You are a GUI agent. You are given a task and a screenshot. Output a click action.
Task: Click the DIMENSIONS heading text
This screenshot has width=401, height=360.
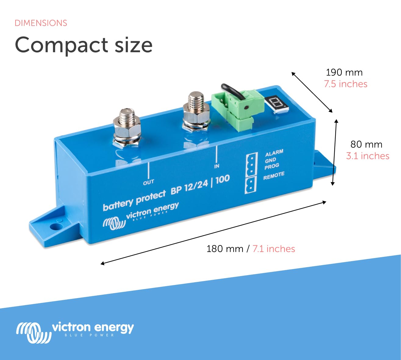pyautogui.click(x=41, y=23)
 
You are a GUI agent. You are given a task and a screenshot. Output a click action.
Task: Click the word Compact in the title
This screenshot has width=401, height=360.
pyautogui.click(x=61, y=45)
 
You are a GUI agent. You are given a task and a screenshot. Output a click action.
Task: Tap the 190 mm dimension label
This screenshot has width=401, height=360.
pyautogui.click(x=344, y=73)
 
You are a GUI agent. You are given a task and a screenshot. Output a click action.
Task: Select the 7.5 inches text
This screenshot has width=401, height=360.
pyautogui.click(x=346, y=84)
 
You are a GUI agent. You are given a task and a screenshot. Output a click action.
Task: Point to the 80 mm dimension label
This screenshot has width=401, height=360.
pyautogui.click(x=366, y=144)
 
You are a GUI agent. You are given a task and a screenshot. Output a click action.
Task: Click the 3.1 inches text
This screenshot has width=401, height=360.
pyautogui.click(x=367, y=156)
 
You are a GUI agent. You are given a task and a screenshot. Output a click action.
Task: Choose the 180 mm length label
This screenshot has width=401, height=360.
pyautogui.click(x=224, y=249)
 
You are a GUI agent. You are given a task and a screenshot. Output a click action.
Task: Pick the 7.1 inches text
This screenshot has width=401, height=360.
pyautogui.click(x=274, y=249)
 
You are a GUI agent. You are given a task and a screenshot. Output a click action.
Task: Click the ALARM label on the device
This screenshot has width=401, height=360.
pyautogui.click(x=274, y=153)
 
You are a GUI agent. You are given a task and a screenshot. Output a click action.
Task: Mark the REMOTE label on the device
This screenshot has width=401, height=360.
pyautogui.click(x=274, y=176)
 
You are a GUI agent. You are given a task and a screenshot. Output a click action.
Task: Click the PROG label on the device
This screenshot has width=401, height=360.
pyautogui.click(x=271, y=167)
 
